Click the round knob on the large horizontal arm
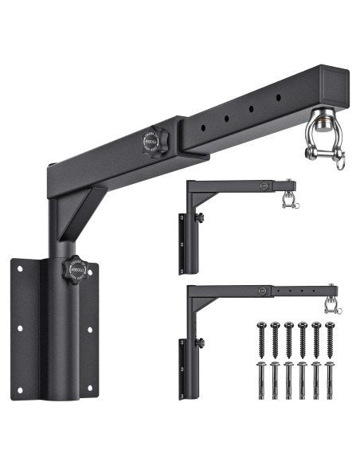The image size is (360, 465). [152, 141]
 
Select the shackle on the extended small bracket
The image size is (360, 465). [326, 307]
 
